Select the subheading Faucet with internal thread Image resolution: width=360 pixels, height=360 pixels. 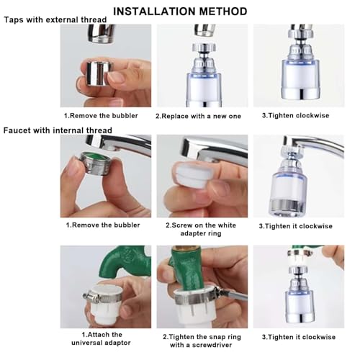coord(58,130)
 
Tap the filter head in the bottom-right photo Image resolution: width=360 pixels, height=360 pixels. coord(297,295)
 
